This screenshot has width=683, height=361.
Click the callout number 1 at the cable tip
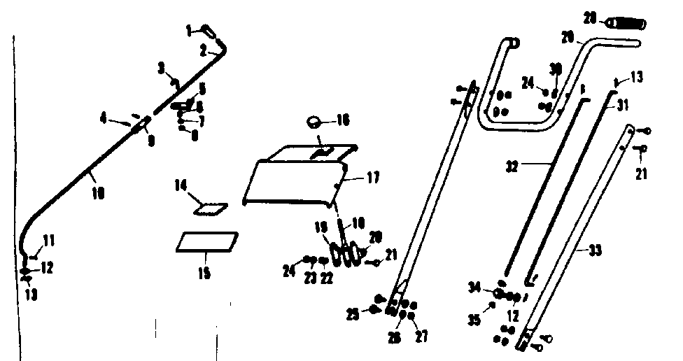click(188, 29)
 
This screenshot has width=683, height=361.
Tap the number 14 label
click(181, 185)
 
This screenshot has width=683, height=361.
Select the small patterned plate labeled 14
click(212, 208)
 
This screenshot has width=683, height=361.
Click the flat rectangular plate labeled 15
click(207, 241)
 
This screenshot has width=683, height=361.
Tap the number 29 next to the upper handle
click(568, 35)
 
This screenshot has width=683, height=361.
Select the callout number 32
click(512, 168)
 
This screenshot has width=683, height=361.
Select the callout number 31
click(623, 105)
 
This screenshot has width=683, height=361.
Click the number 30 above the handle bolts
click(556, 69)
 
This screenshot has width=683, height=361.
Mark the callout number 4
click(104, 120)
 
